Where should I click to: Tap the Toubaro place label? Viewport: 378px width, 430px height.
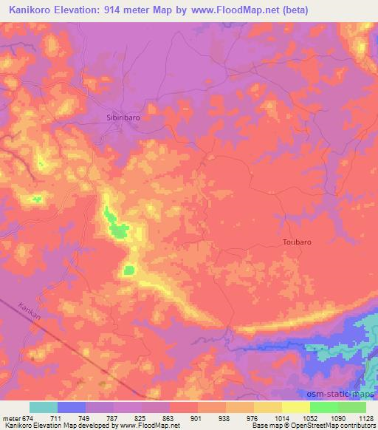pos(298,242)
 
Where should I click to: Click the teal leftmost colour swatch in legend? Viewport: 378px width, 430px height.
pos(44,407)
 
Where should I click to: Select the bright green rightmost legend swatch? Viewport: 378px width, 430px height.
pos(352,407)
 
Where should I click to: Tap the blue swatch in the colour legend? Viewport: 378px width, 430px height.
pos(72,407)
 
